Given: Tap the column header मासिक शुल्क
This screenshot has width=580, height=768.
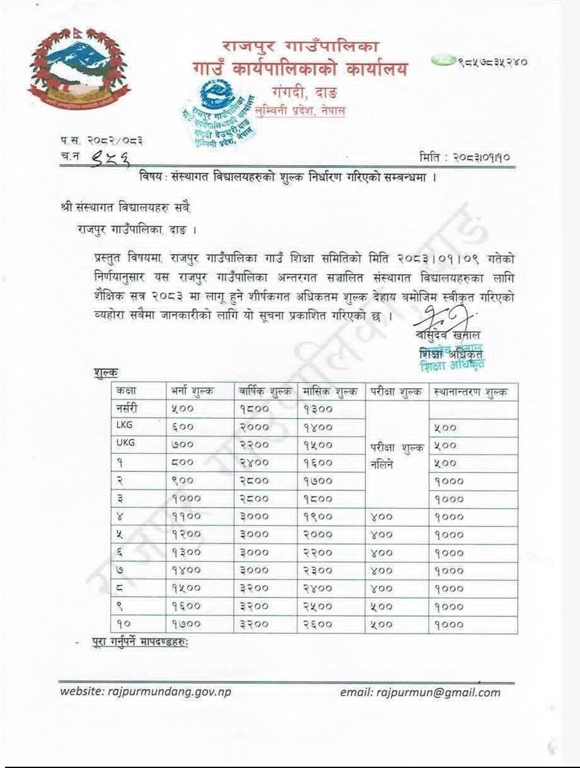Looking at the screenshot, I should tap(331, 391).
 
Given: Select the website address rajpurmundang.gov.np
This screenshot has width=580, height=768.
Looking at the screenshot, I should tap(146, 692).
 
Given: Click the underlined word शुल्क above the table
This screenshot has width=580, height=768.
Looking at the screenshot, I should tap(105, 373).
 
